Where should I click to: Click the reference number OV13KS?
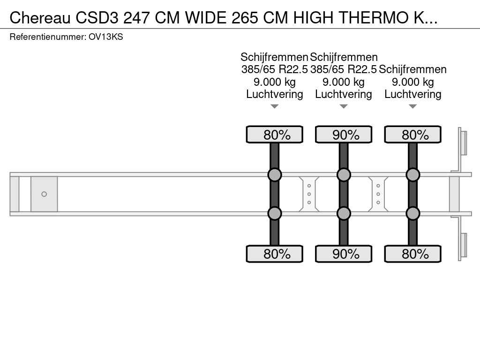click(105, 37)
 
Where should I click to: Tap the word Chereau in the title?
click(40, 18)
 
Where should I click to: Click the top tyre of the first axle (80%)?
click(275, 135)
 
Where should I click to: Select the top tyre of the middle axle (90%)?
click(344, 135)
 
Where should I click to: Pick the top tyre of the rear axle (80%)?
click(412, 135)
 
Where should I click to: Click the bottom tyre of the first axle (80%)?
click(275, 254)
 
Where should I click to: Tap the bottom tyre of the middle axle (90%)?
click(344, 254)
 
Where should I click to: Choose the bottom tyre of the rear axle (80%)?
click(412, 254)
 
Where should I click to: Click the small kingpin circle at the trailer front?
click(44, 194)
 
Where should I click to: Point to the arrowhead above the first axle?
click(275, 106)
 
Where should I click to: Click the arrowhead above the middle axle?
click(344, 106)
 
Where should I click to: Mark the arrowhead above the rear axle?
click(412, 106)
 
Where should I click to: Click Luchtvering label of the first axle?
click(275, 94)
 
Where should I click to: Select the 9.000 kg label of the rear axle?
click(412, 82)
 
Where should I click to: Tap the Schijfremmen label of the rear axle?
click(412, 69)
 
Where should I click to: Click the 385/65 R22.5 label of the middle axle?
click(344, 69)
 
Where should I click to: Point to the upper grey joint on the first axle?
click(275, 175)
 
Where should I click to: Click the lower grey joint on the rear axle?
click(412, 213)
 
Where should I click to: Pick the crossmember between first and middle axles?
click(309, 194)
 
